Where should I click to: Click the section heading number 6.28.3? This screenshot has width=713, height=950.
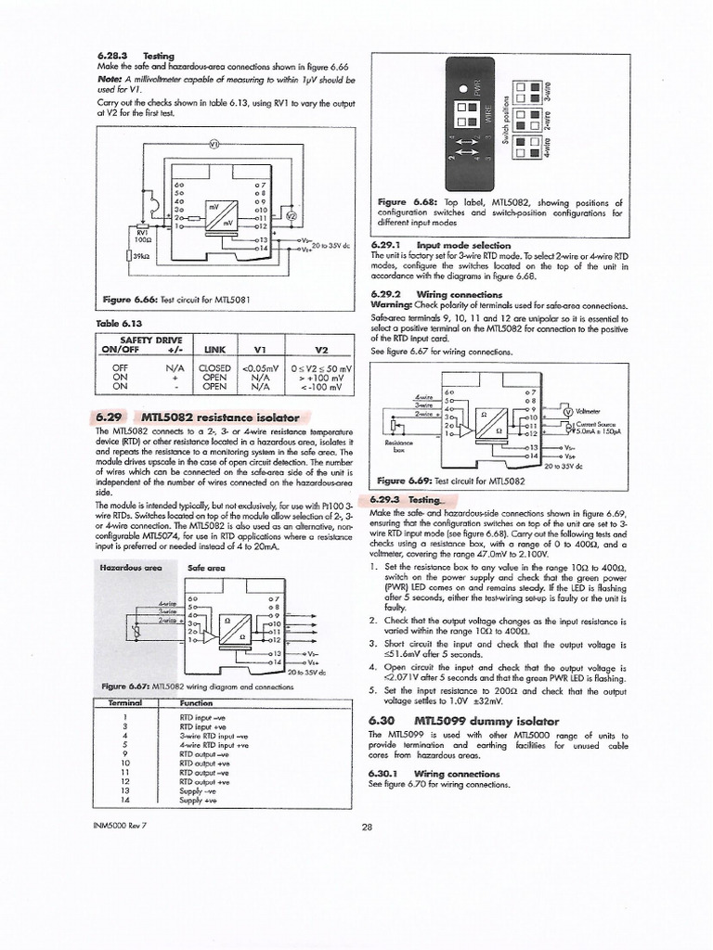click(111, 57)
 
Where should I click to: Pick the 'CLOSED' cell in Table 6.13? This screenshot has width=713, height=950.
click(214, 368)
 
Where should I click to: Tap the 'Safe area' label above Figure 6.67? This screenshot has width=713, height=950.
click(206, 566)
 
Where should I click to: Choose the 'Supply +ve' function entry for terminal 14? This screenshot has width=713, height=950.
click(198, 800)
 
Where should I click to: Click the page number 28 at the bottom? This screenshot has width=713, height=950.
click(367, 828)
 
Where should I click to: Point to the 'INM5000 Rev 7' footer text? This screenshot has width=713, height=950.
click(122, 825)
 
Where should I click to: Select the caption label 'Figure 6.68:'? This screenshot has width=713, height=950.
click(406, 202)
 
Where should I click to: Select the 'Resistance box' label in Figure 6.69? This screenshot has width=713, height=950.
click(398, 446)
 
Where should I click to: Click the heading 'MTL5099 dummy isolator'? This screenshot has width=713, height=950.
click(486, 721)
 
